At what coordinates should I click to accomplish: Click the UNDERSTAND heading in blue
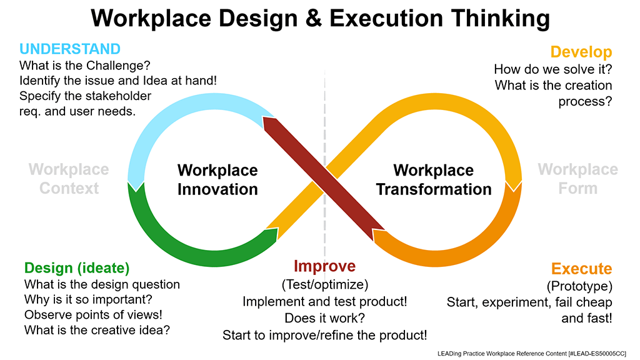tap(70, 49)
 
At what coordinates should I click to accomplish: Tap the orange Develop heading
tap(581, 52)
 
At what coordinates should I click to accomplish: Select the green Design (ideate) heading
tap(77, 268)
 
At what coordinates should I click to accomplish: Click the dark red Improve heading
tap(324, 266)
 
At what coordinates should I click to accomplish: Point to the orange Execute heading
tap(581, 269)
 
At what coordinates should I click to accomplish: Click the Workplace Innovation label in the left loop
tap(217, 179)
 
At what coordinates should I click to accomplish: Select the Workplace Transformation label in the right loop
tap(434, 179)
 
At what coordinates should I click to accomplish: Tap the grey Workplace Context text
tap(69, 179)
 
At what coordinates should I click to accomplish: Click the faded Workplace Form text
tap(577, 179)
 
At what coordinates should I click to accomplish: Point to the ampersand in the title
tap(311, 19)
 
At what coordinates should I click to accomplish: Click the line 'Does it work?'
tap(324, 318)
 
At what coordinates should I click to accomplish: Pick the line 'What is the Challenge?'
tap(85, 65)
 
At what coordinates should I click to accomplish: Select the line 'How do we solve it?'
tap(552, 69)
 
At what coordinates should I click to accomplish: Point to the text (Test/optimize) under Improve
tap(324, 285)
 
